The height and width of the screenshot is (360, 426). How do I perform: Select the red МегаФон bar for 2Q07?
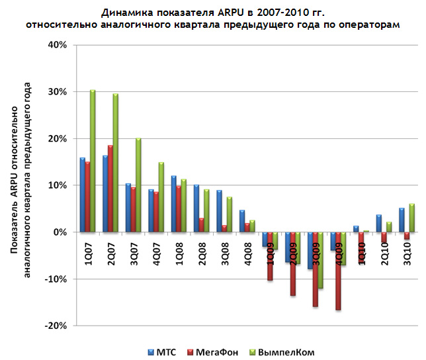[x=110, y=189]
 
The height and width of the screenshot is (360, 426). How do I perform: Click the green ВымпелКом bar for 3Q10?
[x=411, y=218]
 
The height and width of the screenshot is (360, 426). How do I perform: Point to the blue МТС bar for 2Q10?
[x=379, y=223]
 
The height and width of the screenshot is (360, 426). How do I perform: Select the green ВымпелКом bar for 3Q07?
[x=138, y=185]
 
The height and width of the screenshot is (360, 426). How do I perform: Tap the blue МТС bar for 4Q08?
[x=242, y=221]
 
